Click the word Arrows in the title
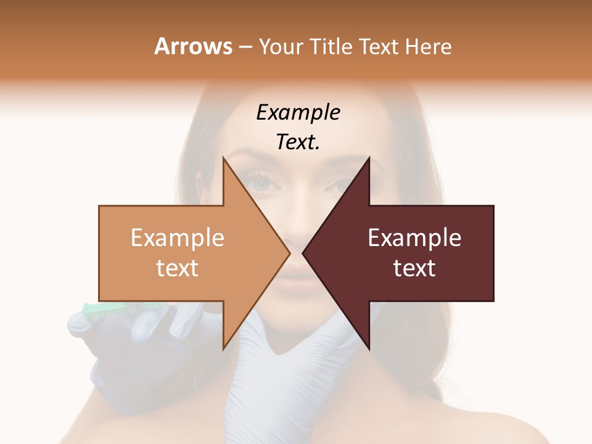click(193, 46)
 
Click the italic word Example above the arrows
click(298, 113)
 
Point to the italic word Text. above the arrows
click(298, 142)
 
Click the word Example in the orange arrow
click(178, 237)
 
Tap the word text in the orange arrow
click(178, 268)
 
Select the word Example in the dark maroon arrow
click(414, 237)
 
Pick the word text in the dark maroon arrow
click(414, 268)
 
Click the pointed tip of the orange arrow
click(288, 252)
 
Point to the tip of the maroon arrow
click(304, 252)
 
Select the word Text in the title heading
click(378, 47)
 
